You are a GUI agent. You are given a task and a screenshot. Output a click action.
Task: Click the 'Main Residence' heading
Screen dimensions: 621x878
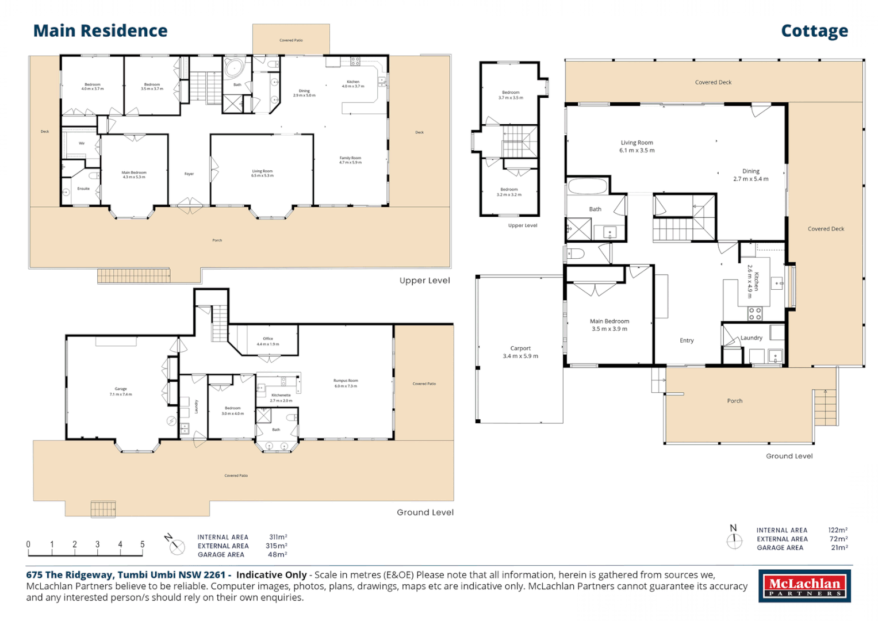(100, 30)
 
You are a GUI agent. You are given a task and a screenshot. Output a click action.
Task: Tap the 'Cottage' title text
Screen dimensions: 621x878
(814, 30)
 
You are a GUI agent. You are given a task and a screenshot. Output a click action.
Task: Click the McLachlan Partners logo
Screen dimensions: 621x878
(804, 586)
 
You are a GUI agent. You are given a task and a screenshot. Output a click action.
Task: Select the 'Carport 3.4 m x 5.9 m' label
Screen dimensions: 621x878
(520, 352)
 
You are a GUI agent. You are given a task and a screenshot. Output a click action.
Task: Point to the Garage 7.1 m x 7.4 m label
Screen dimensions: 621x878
(121, 392)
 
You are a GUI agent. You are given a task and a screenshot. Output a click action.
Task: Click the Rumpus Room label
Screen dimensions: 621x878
(346, 383)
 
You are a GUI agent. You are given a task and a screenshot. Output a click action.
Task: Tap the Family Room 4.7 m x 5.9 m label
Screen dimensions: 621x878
(350, 160)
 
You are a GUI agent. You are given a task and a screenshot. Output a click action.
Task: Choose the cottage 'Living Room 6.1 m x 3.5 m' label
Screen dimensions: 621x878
(637, 147)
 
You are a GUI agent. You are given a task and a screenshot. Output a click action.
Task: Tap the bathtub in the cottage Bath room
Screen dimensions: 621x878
(588, 187)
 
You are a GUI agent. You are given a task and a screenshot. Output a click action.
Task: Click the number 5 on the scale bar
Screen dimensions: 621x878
(142, 544)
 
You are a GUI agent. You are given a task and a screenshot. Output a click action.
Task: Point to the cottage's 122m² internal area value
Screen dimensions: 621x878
(837, 530)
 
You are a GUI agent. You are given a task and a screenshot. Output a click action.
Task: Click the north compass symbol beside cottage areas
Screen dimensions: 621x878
(734, 539)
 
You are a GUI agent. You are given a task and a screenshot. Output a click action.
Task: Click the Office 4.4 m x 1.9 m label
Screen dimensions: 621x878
(267, 341)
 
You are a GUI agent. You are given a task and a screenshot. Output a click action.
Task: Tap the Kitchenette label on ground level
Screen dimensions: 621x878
(281, 397)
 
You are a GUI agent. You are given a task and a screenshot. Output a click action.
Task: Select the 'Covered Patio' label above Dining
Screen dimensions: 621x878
(291, 40)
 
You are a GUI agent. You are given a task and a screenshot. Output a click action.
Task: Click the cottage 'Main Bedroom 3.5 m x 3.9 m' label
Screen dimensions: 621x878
(609, 325)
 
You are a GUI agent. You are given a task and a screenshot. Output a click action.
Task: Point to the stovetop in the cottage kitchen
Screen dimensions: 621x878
(755, 314)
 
